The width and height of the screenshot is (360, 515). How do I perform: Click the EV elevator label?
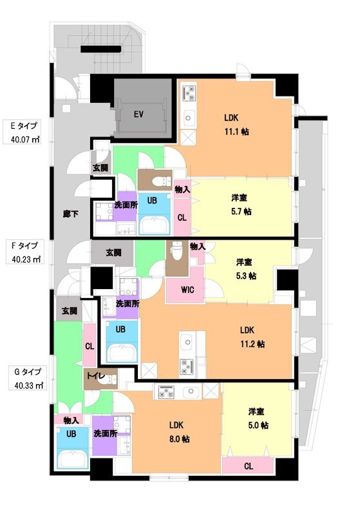point(138,115)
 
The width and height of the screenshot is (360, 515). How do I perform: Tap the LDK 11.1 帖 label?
point(236,124)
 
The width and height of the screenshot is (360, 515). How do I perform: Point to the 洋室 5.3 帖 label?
point(245,268)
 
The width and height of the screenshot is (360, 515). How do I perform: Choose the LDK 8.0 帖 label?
point(179,432)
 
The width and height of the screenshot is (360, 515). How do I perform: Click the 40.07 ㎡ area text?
point(25,138)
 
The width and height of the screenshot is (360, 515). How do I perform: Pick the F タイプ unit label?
point(25,245)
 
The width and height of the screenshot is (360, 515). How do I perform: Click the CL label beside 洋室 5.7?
point(182,218)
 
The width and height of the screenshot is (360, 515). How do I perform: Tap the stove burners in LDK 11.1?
point(189,94)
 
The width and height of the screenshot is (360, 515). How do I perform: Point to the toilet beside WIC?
point(175,249)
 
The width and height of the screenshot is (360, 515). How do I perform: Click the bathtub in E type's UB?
point(152,225)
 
